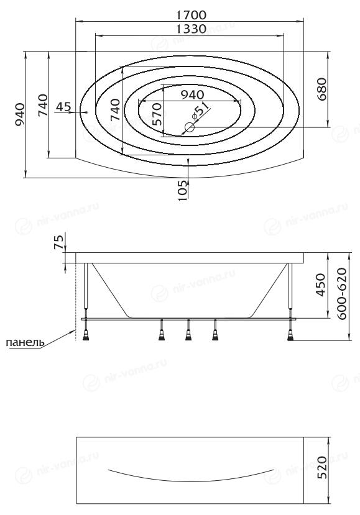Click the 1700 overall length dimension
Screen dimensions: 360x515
(191, 15)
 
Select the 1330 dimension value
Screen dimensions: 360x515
(191, 29)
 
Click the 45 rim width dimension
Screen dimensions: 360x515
(63, 106)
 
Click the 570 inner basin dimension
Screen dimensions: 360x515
(157, 114)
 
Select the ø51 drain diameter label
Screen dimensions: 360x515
(199, 110)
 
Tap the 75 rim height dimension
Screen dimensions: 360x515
(58, 242)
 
